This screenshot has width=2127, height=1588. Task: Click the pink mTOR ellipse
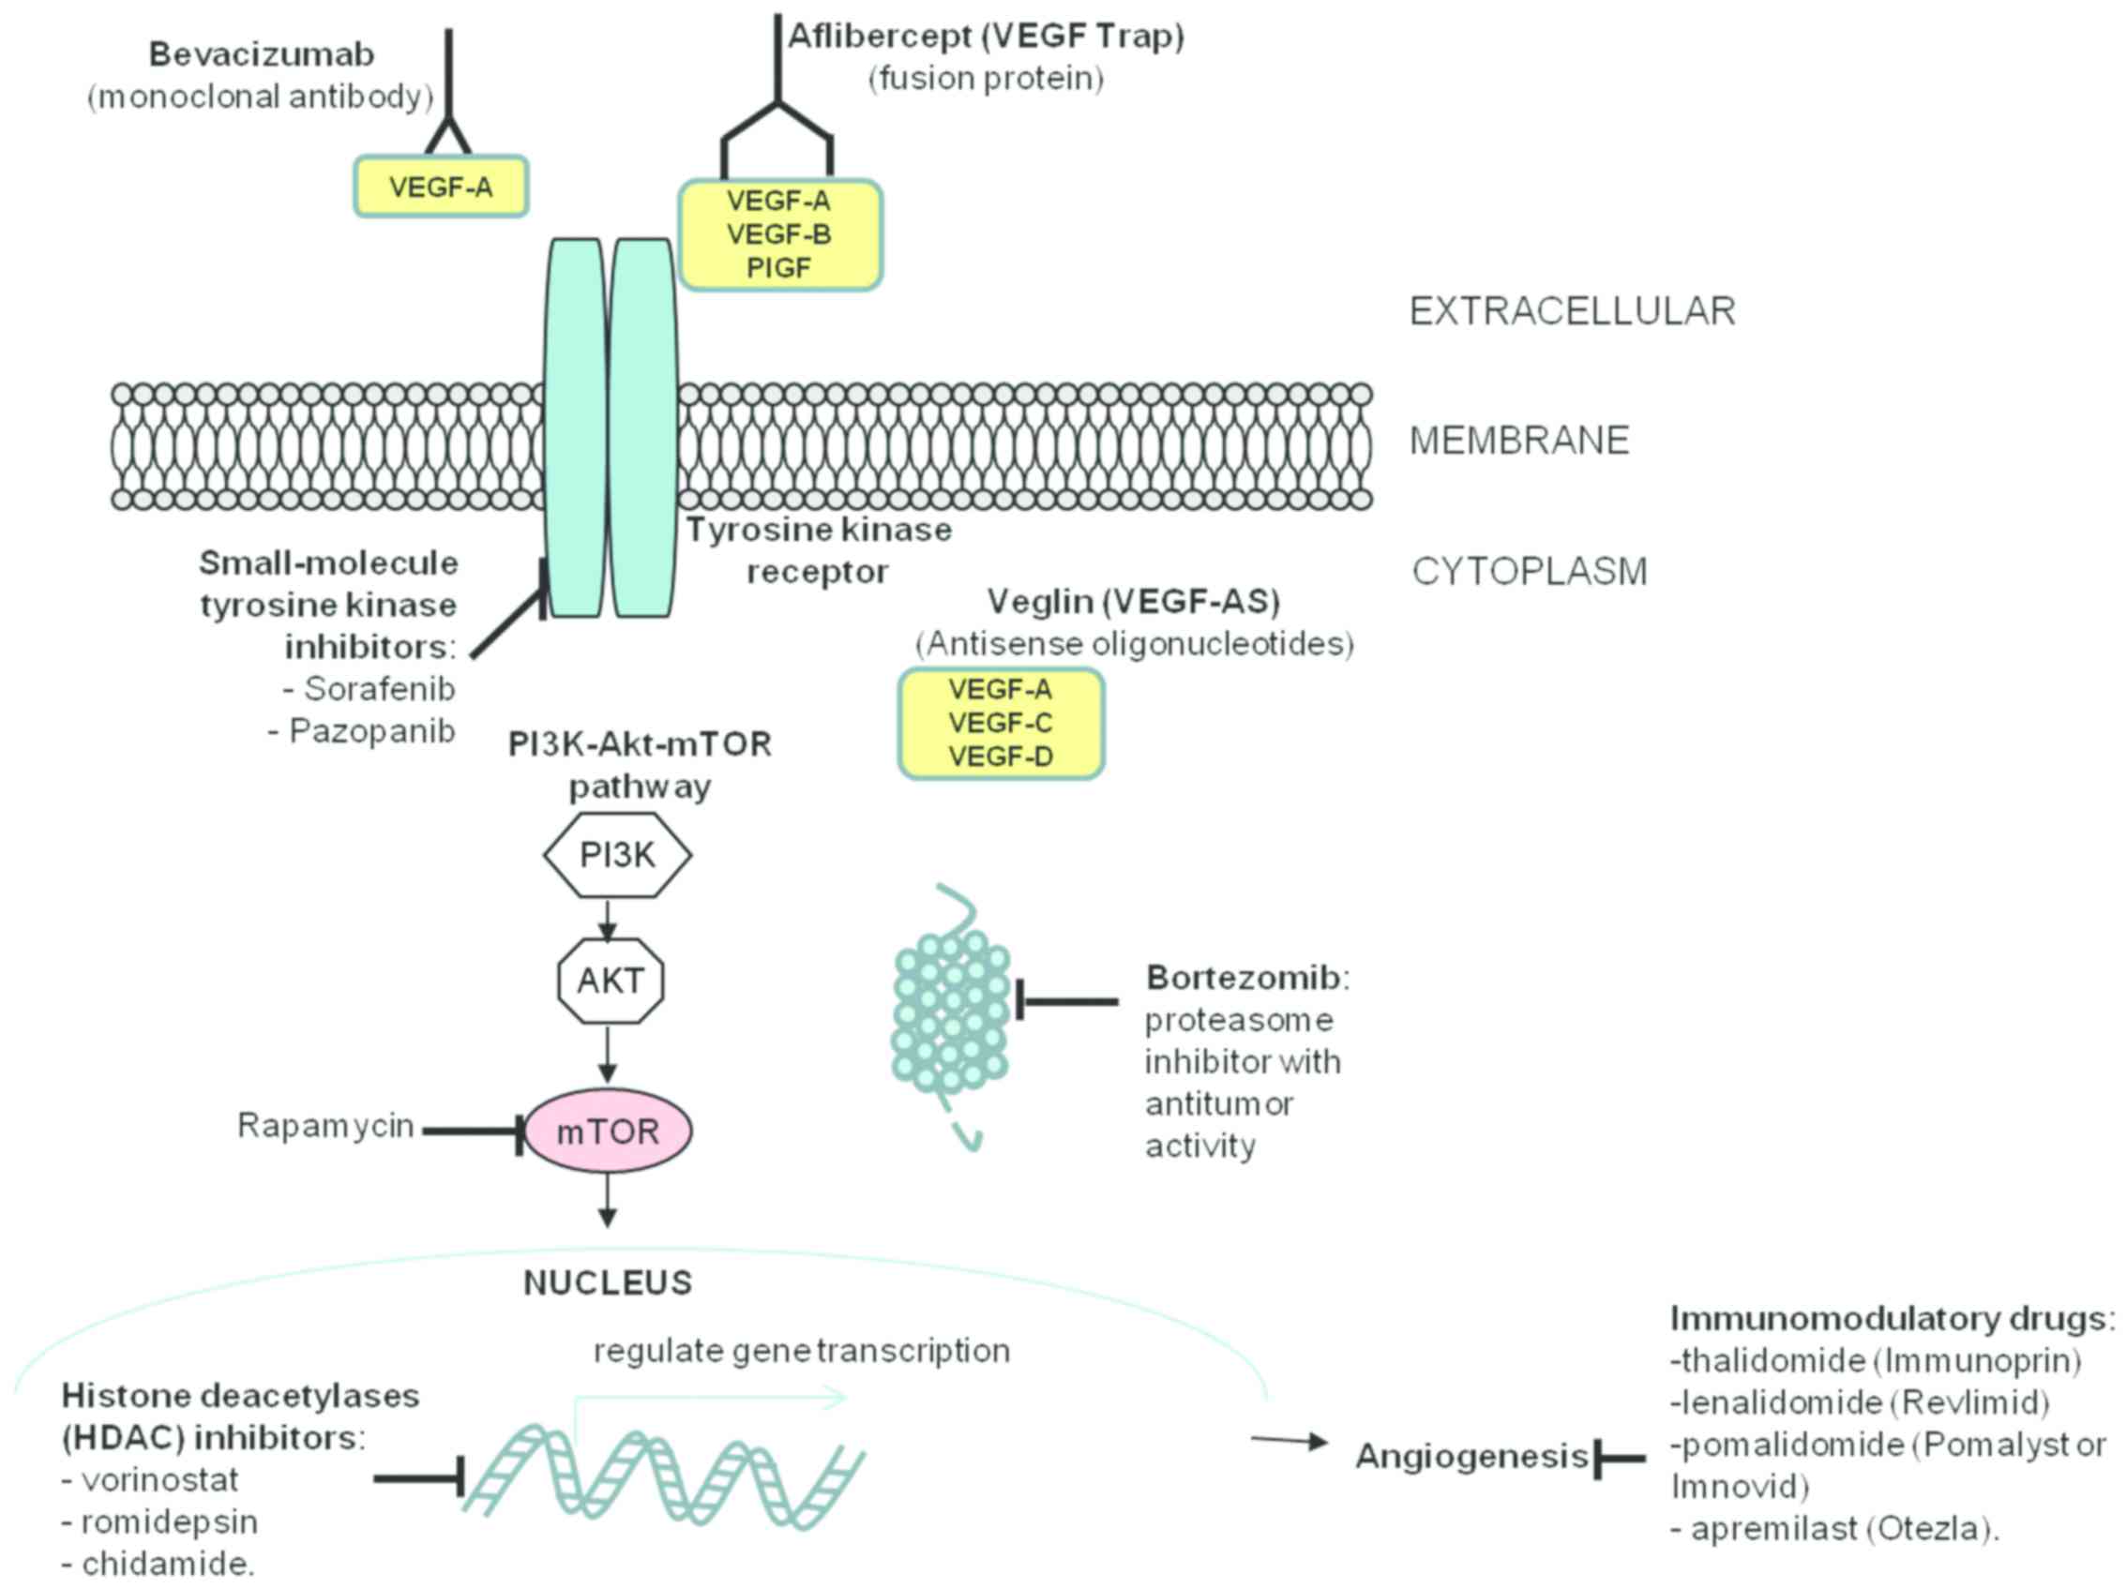click(x=608, y=1131)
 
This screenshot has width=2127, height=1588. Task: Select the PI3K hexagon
click(x=617, y=855)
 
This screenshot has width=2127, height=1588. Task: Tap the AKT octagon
click(x=611, y=981)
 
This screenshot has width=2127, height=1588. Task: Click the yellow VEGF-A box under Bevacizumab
click(x=442, y=187)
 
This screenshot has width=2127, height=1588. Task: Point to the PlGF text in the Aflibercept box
click(x=779, y=268)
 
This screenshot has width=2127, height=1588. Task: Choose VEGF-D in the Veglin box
click(x=1001, y=757)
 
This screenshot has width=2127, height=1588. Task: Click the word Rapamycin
click(x=325, y=1125)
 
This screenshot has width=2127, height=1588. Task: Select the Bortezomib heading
click(x=1243, y=978)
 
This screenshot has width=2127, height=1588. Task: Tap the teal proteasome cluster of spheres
click(x=951, y=1014)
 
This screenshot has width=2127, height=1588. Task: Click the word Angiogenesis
click(x=1471, y=1457)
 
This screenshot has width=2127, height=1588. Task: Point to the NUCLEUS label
click(x=608, y=1282)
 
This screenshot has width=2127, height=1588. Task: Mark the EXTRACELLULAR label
click(x=1572, y=311)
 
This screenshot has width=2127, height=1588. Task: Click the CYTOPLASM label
click(x=1529, y=571)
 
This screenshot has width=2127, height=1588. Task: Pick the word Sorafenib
click(x=379, y=688)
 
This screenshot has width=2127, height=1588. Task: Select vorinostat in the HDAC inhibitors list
click(x=159, y=1479)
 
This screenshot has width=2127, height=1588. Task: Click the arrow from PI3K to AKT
click(x=607, y=920)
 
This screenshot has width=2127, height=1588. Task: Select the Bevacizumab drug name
click(x=262, y=54)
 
